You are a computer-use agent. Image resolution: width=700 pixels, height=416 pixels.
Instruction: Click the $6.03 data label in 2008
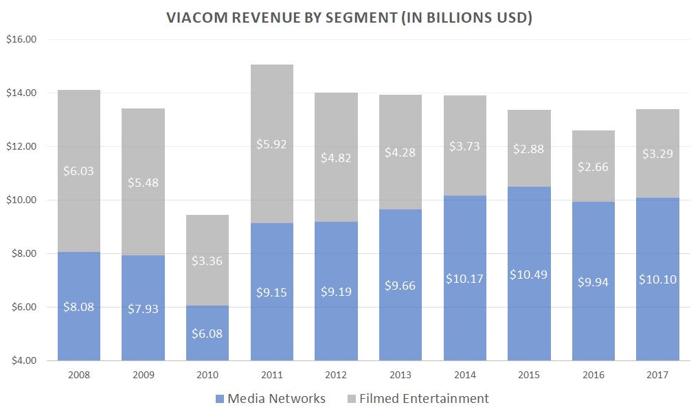79,171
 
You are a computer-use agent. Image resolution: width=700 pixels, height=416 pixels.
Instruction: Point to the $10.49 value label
529,273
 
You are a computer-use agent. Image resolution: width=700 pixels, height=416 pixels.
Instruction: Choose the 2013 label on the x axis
400,375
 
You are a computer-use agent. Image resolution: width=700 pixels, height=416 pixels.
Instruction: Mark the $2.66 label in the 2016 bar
594,167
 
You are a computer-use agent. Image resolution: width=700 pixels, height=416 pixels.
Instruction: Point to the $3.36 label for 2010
207,261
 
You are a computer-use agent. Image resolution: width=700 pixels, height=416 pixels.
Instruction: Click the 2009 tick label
143,375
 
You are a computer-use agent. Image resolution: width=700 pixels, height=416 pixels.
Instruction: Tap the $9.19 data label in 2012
336,291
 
